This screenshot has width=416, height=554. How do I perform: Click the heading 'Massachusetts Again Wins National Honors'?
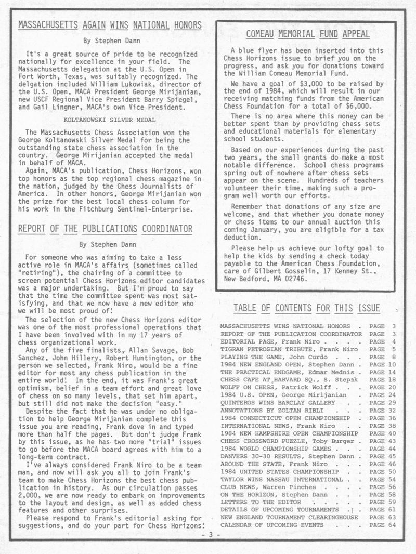110,25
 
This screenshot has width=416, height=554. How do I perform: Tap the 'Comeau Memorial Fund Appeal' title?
307,35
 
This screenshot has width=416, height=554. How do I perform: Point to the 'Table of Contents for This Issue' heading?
307,309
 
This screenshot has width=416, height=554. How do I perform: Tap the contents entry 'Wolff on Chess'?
244,388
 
